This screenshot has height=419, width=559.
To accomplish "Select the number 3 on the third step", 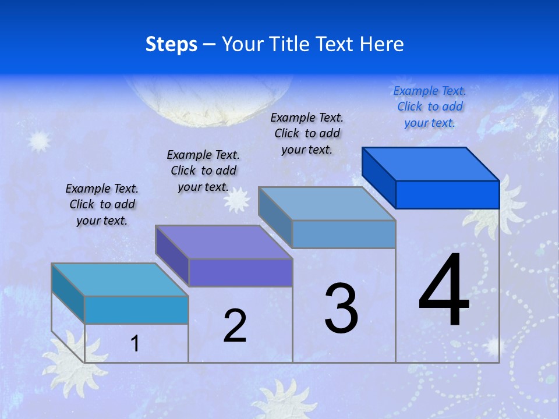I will [341, 308].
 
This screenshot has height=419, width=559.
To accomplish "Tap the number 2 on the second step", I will [235, 326].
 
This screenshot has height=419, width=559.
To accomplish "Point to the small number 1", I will [135, 344].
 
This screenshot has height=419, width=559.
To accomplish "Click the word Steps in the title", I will [171, 44].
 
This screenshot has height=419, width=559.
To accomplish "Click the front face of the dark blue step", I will [447, 194].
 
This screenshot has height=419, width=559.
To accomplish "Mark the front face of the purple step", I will [240, 272].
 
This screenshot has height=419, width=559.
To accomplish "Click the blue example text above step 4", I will [430, 106].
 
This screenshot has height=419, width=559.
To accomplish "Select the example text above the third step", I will [307, 133].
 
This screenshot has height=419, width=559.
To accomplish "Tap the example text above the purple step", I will [203, 171].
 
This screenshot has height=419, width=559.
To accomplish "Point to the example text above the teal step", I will [102, 204].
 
